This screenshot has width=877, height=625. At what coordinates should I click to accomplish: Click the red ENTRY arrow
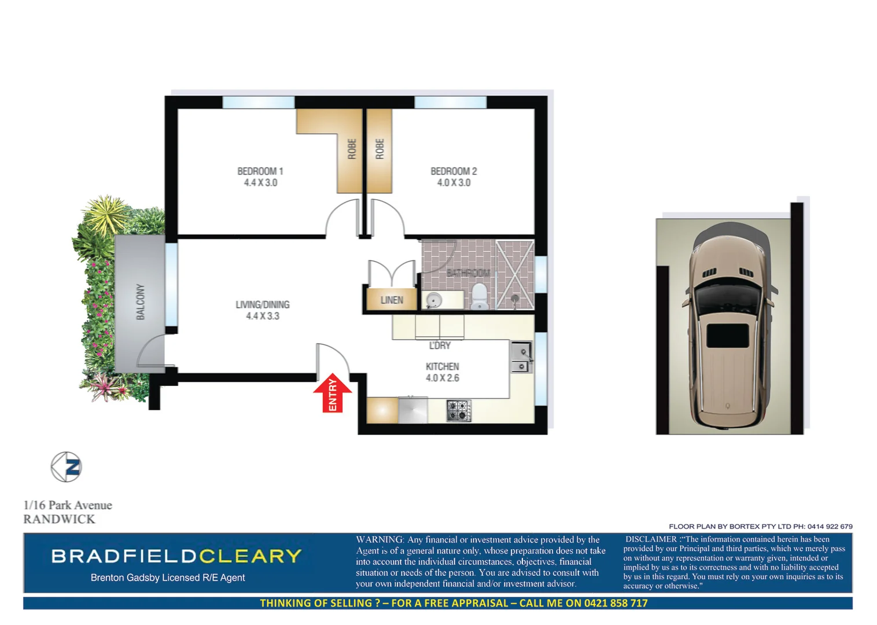[333, 394]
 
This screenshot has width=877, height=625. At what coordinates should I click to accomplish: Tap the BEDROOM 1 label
[260, 171]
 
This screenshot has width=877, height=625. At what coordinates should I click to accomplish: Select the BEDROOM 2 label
[454, 171]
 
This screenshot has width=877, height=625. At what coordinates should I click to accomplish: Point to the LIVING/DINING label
[263, 304]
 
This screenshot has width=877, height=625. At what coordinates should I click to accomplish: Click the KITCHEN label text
[443, 366]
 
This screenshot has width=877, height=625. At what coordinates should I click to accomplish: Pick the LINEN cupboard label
[392, 300]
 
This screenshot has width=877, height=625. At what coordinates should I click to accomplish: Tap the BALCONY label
[141, 302]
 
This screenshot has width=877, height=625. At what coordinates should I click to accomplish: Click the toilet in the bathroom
[480, 296]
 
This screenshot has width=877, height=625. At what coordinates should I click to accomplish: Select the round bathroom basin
[434, 300]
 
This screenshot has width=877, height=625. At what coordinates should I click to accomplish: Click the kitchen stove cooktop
[459, 411]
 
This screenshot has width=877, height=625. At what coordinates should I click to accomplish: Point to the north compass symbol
[67, 467]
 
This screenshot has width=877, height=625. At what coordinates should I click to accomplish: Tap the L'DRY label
[440, 345]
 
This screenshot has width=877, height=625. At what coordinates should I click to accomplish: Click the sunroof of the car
[728, 336]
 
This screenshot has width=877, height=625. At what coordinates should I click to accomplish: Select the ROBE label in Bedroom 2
[379, 149]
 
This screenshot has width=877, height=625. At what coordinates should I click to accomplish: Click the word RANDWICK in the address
[59, 519]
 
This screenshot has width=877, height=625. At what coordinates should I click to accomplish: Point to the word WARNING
[379, 539]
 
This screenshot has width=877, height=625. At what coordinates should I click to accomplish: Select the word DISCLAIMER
[651, 539]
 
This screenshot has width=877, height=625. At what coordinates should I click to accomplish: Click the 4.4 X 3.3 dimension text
[263, 316]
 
